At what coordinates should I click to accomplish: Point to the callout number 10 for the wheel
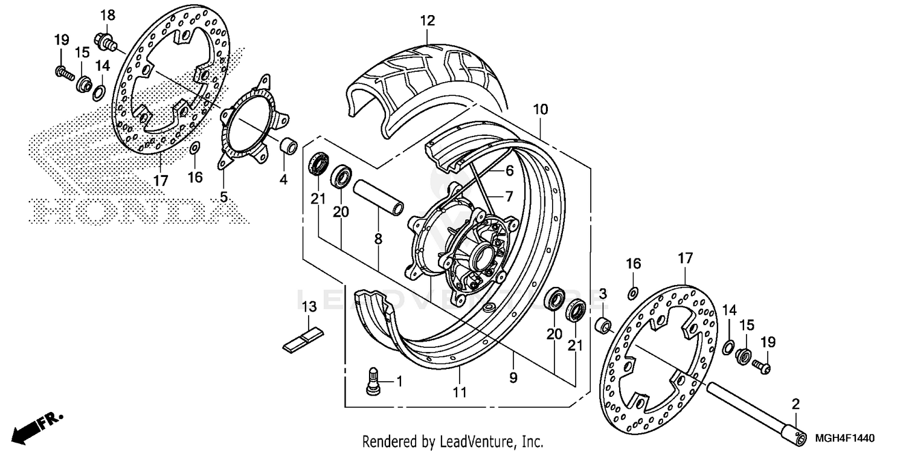click(540, 109)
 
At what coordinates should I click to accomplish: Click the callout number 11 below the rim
click(460, 393)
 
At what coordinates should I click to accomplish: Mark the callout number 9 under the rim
click(513, 379)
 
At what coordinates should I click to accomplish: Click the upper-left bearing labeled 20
click(342, 175)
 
